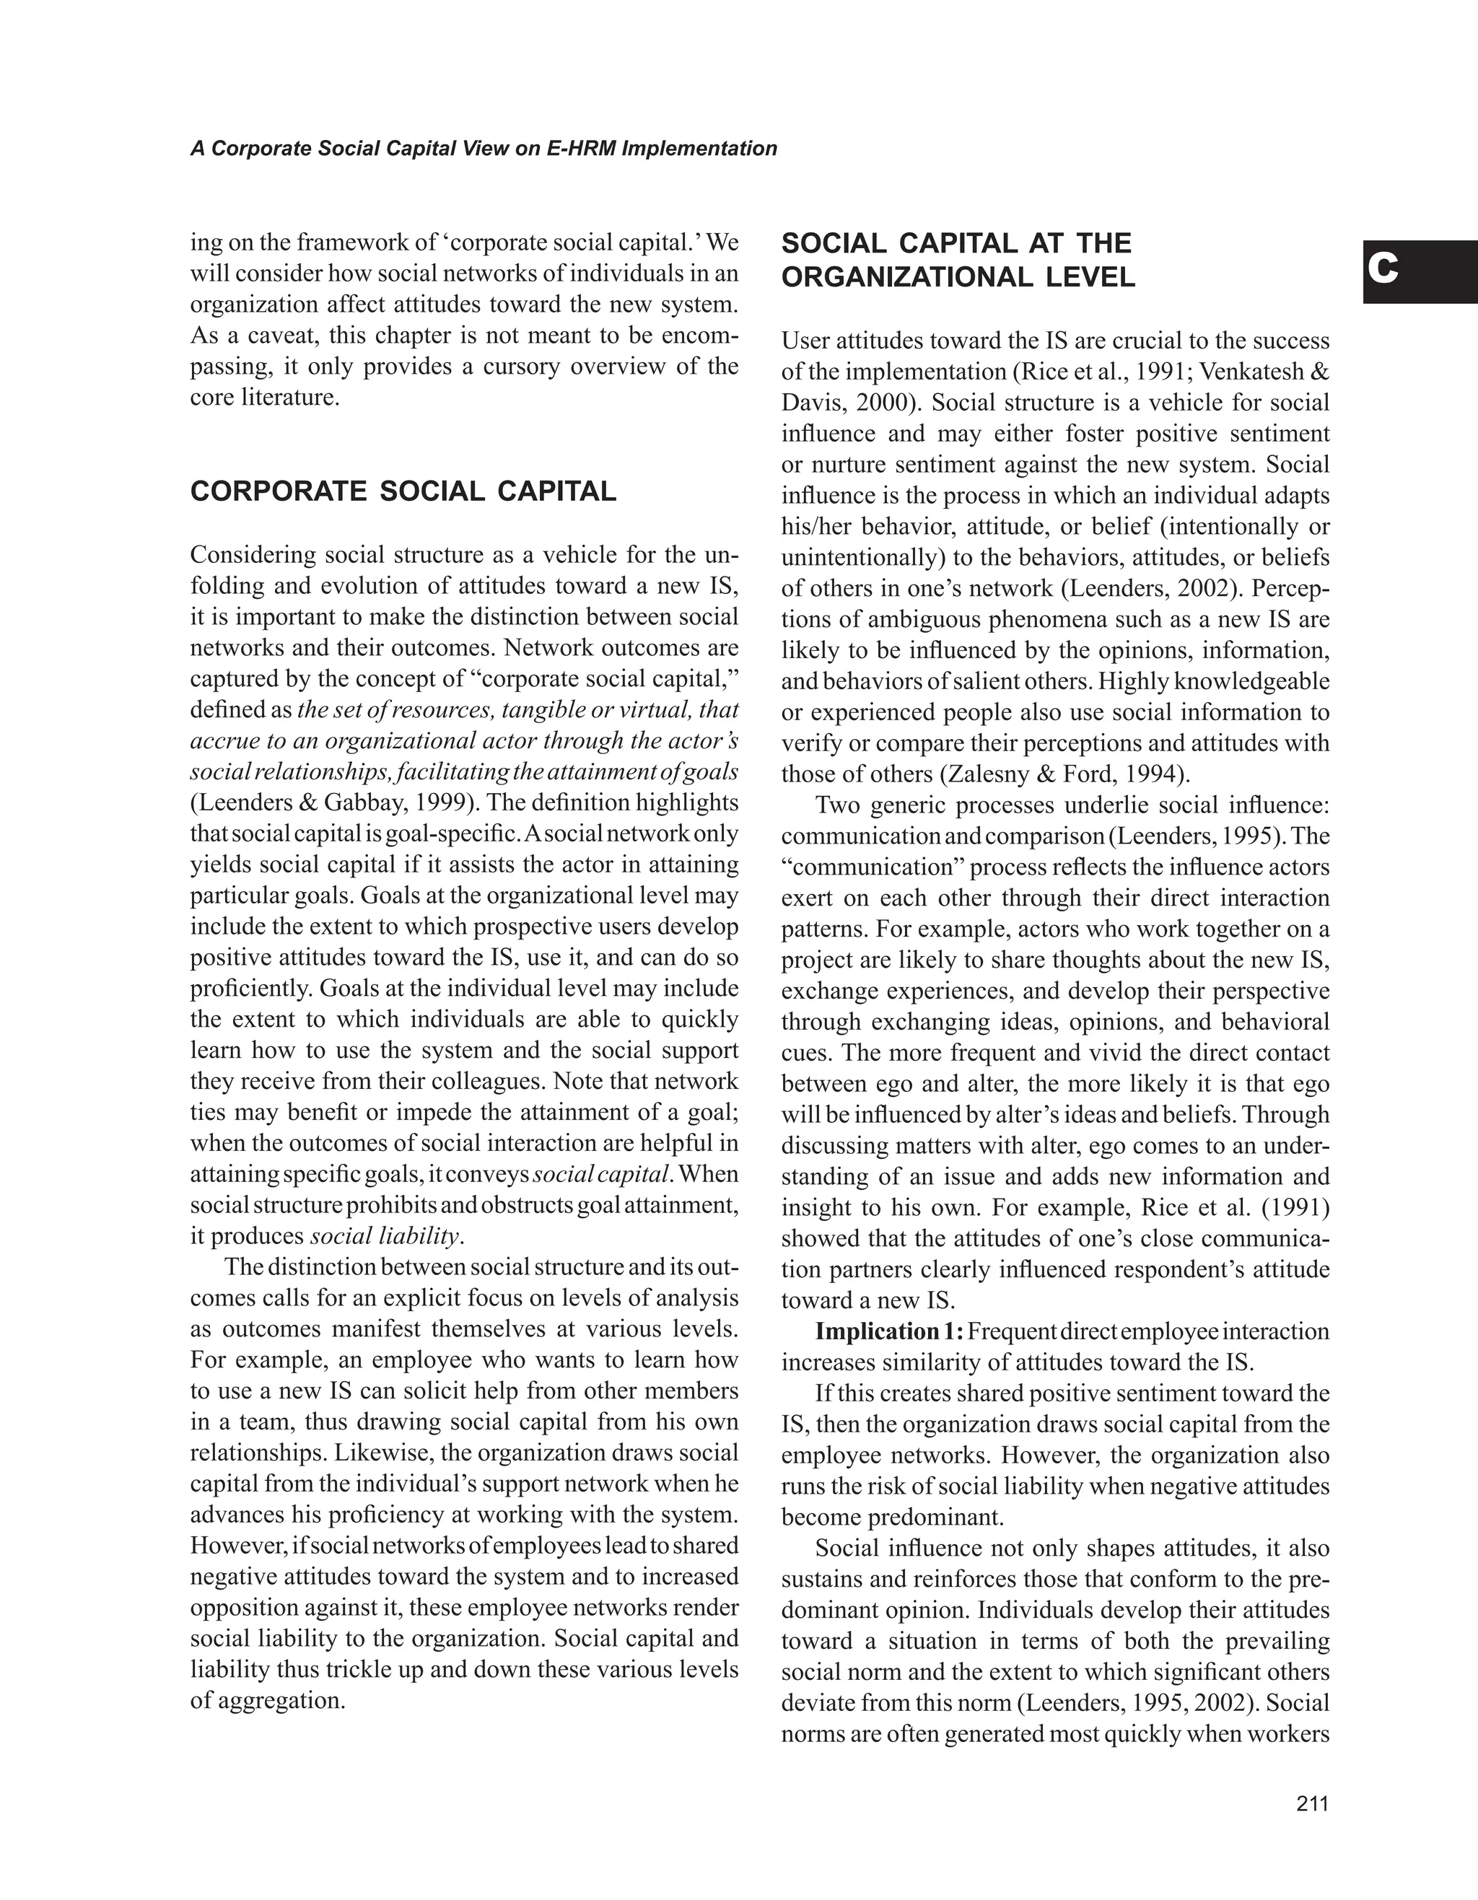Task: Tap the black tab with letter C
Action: coord(1420,271)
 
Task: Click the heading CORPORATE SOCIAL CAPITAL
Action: coord(403,491)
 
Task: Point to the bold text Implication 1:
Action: coord(888,1332)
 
